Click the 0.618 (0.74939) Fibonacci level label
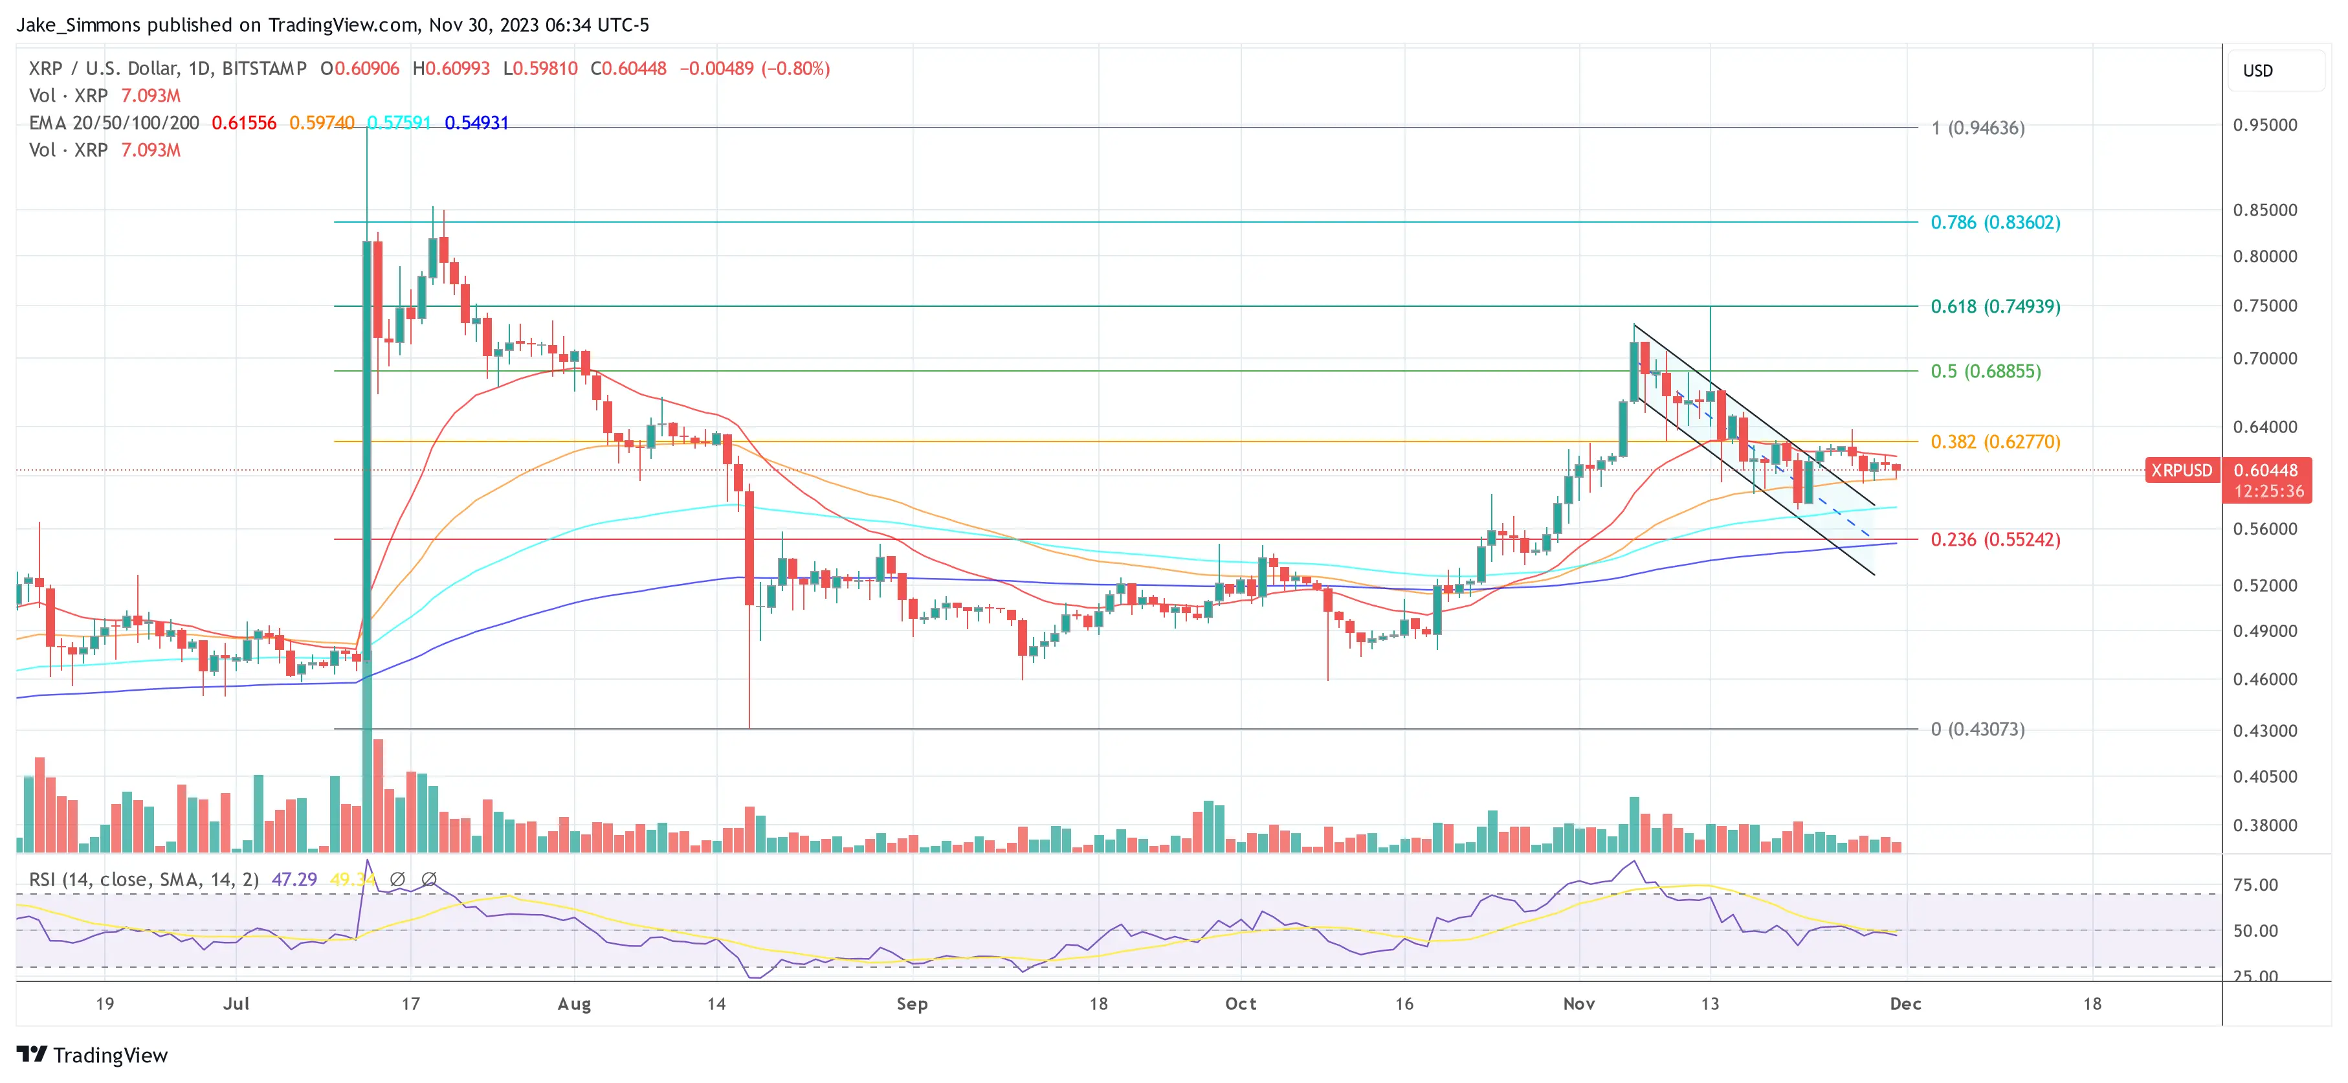(x=1995, y=306)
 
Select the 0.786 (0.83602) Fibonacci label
(x=1995, y=223)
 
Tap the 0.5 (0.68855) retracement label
(x=1985, y=371)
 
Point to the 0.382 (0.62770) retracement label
(x=1995, y=442)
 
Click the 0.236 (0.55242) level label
(x=1995, y=540)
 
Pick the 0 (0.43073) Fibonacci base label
(x=1977, y=730)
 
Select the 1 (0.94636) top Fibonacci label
(x=1977, y=128)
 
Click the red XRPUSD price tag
(x=2181, y=471)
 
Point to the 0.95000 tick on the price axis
(x=2264, y=125)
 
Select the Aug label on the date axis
(x=574, y=1003)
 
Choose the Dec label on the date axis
(x=1905, y=1003)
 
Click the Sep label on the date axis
(x=911, y=1003)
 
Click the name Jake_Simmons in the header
(x=78, y=25)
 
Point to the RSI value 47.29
(x=294, y=880)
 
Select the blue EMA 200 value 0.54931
(x=477, y=123)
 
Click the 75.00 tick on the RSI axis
(x=2255, y=885)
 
